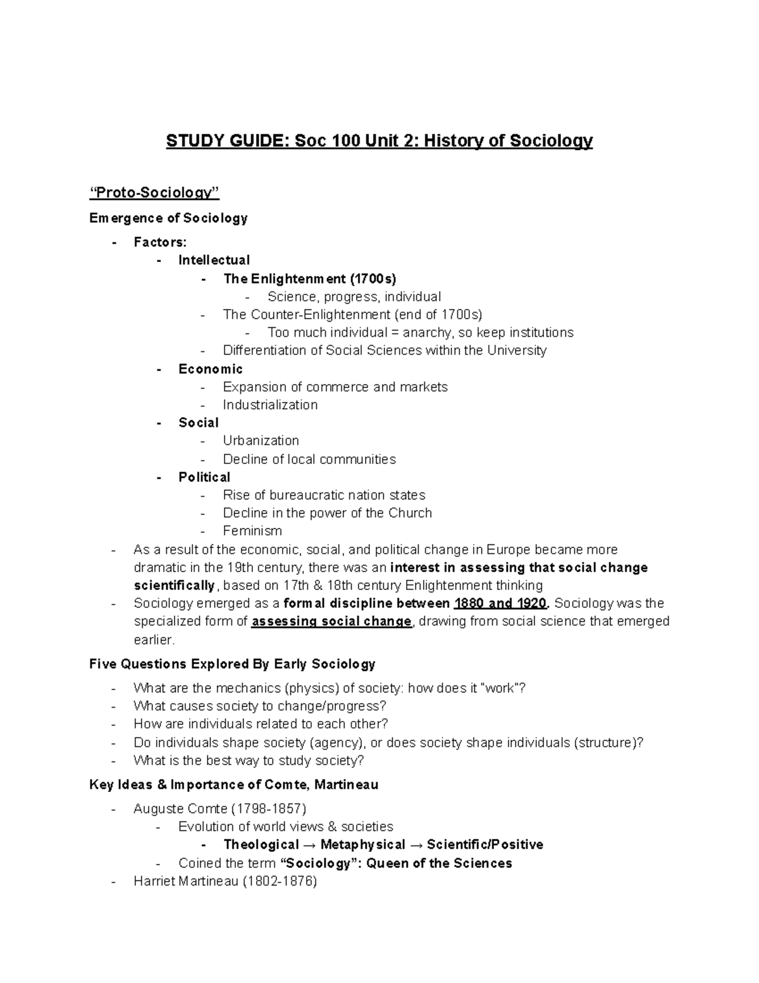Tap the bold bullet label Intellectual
click(x=214, y=260)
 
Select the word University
click(x=516, y=351)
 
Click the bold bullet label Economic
click(x=210, y=369)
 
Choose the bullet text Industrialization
click(x=270, y=405)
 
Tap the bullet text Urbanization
click(x=261, y=441)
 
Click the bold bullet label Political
click(x=204, y=477)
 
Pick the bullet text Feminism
click(x=252, y=531)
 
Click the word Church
click(x=410, y=513)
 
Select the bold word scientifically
click(x=175, y=585)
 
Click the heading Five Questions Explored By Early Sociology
click(x=232, y=664)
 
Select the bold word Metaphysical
click(x=362, y=845)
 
